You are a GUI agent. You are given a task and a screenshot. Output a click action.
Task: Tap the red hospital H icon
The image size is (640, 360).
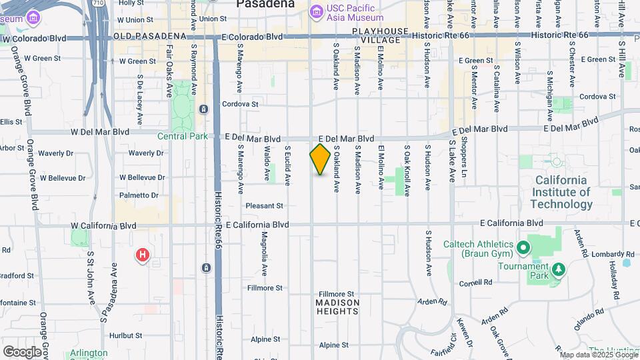coord(142,255)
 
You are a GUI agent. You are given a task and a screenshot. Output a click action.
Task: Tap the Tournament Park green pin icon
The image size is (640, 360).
coord(559,269)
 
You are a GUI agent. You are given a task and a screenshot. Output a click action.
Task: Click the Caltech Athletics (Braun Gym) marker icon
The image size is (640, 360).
coord(523,249)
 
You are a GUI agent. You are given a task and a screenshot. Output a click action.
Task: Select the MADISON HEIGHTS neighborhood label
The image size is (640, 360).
coord(337,307)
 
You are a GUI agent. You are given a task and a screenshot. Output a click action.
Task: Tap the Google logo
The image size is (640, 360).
coord(22,351)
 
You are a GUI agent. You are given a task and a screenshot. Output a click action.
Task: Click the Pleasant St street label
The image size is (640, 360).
coord(265,205)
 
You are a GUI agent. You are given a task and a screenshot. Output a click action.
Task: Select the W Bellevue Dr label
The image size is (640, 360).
coord(141,178)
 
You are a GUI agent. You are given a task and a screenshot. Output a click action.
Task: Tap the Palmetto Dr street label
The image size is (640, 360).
coord(139,195)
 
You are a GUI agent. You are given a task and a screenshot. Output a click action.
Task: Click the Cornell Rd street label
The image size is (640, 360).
coord(475,283)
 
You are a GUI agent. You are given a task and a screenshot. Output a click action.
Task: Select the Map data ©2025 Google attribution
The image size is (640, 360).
coord(598,355)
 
